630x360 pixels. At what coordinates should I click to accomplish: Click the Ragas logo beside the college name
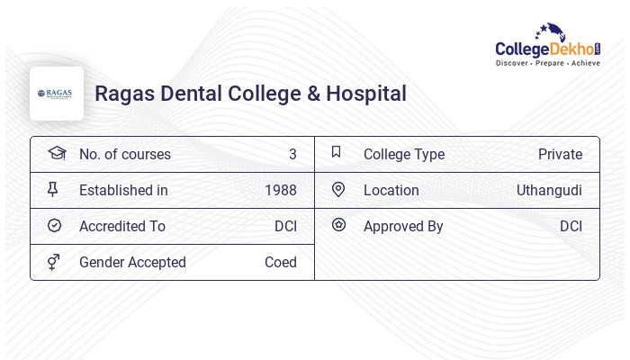(56, 94)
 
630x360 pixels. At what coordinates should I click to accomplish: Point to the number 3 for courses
(292, 154)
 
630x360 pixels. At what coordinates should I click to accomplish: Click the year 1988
(281, 190)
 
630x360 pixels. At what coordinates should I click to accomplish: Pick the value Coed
(281, 262)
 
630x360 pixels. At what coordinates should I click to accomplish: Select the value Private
(560, 154)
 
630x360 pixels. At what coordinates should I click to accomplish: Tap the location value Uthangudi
(549, 190)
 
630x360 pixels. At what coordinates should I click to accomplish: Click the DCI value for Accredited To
(285, 226)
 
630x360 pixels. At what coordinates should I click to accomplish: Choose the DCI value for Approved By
(571, 226)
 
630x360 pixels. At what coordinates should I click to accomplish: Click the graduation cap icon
(56, 153)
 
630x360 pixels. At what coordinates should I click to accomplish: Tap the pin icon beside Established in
(53, 189)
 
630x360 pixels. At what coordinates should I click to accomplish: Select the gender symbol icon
(54, 262)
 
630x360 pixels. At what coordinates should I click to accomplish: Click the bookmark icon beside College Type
(337, 153)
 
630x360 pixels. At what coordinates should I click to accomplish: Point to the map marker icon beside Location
(338, 189)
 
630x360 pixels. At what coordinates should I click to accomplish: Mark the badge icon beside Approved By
(338, 225)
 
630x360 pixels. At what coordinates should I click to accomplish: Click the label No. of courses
(125, 154)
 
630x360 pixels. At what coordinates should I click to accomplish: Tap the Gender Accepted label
(132, 262)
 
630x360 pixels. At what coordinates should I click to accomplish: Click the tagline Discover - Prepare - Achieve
(548, 63)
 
